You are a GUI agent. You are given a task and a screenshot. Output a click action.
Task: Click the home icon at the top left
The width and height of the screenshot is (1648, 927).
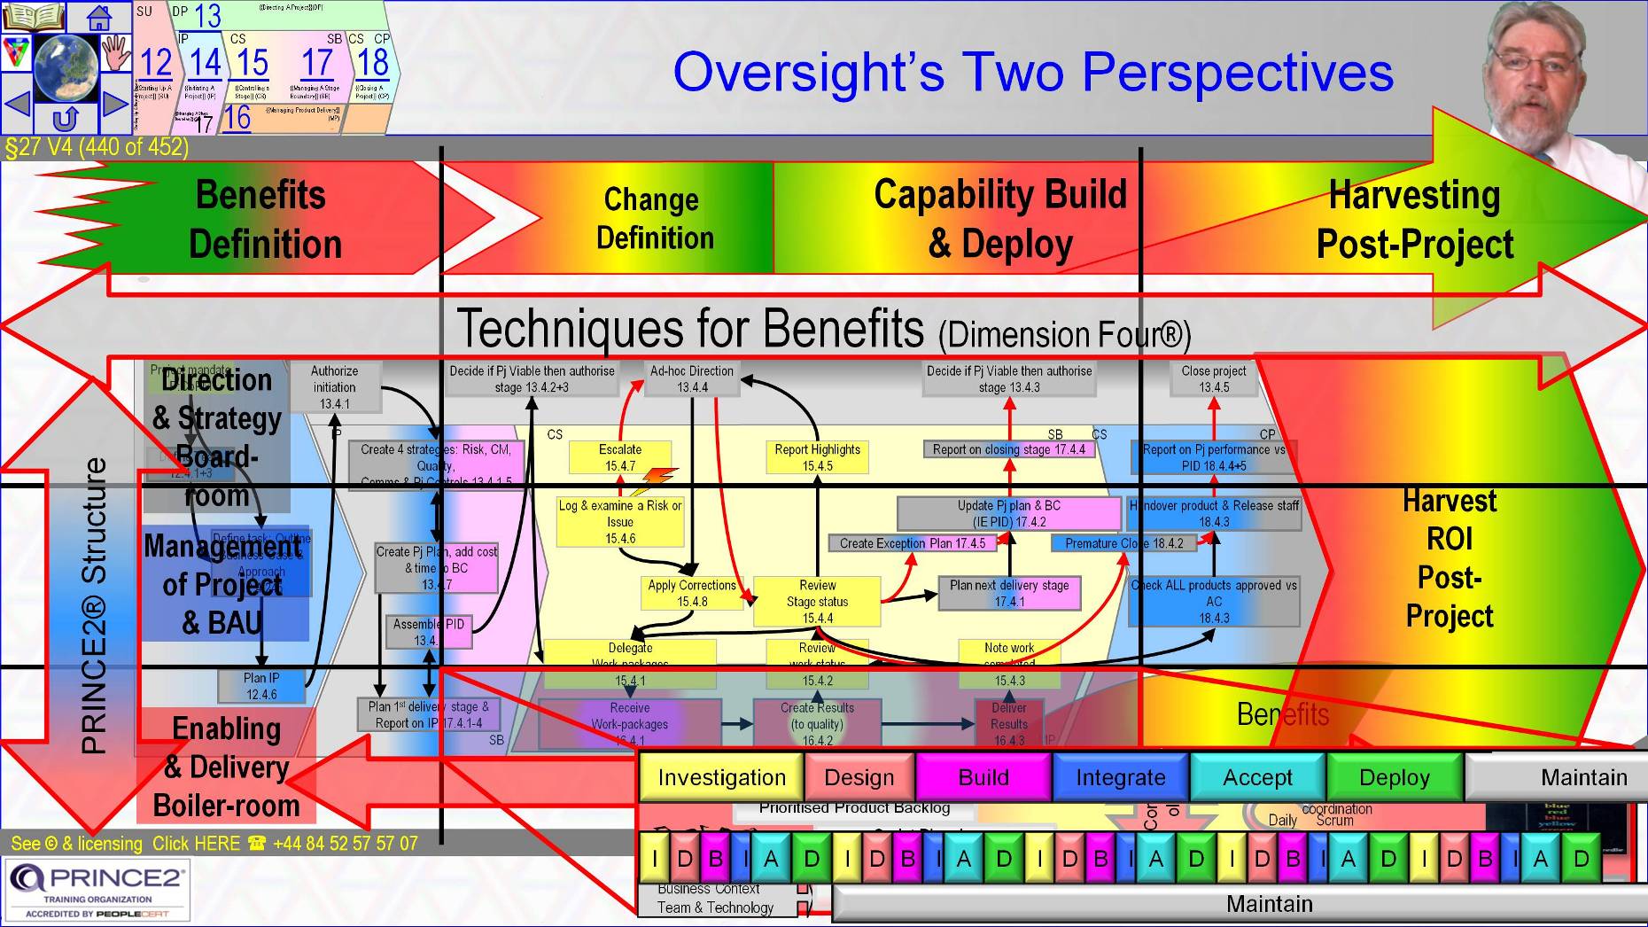tap(98, 16)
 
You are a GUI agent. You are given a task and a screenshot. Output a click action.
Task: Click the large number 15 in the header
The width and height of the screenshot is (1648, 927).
tap(252, 64)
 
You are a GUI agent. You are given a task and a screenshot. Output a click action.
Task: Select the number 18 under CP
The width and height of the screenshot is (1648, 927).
tap(373, 63)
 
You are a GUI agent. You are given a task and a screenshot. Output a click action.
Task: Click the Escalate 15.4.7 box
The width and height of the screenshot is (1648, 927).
tap(620, 457)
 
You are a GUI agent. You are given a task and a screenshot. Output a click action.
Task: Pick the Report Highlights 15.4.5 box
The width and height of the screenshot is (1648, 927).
tap(817, 457)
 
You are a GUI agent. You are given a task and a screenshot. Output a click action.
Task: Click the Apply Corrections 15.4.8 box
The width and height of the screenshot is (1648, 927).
tap(692, 593)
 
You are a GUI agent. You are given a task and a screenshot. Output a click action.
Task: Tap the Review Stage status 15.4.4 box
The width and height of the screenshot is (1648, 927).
tap(817, 601)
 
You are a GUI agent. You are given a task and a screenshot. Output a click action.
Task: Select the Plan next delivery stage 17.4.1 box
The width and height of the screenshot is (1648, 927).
tap(1009, 593)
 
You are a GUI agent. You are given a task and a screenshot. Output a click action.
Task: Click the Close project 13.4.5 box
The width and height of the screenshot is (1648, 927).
tap(1213, 378)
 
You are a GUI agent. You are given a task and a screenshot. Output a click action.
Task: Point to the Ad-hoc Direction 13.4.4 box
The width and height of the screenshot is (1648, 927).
tap(692, 378)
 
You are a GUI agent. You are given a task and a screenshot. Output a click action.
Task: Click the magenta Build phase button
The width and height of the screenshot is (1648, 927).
tap(983, 777)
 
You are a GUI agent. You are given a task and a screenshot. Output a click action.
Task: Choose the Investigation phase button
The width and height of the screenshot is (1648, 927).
tap(721, 777)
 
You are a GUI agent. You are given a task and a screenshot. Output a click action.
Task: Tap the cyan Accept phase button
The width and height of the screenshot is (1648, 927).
tap(1257, 777)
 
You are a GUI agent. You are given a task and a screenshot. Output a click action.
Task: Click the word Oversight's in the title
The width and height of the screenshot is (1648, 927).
tap(807, 73)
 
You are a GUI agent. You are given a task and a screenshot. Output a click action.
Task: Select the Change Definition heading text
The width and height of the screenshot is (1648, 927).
tap(654, 219)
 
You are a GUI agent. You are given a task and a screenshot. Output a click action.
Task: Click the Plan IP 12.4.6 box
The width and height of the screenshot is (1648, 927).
tap(261, 686)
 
